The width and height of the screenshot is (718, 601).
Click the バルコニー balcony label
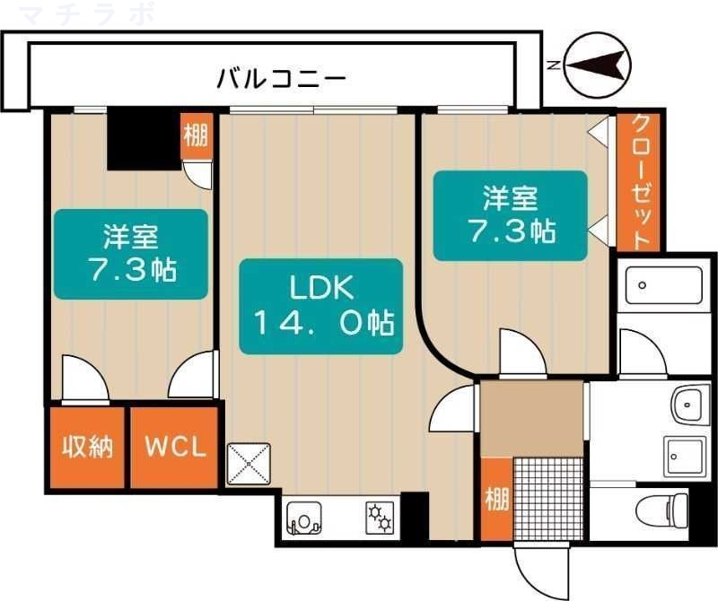point(281,79)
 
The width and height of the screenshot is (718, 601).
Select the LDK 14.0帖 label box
point(320,306)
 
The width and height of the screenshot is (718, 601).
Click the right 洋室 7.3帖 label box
point(510,215)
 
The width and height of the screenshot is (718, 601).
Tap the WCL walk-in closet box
point(175,448)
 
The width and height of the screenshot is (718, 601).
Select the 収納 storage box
point(87,448)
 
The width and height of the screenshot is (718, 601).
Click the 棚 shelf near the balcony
point(196,136)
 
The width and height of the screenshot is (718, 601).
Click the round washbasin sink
point(689,407)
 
